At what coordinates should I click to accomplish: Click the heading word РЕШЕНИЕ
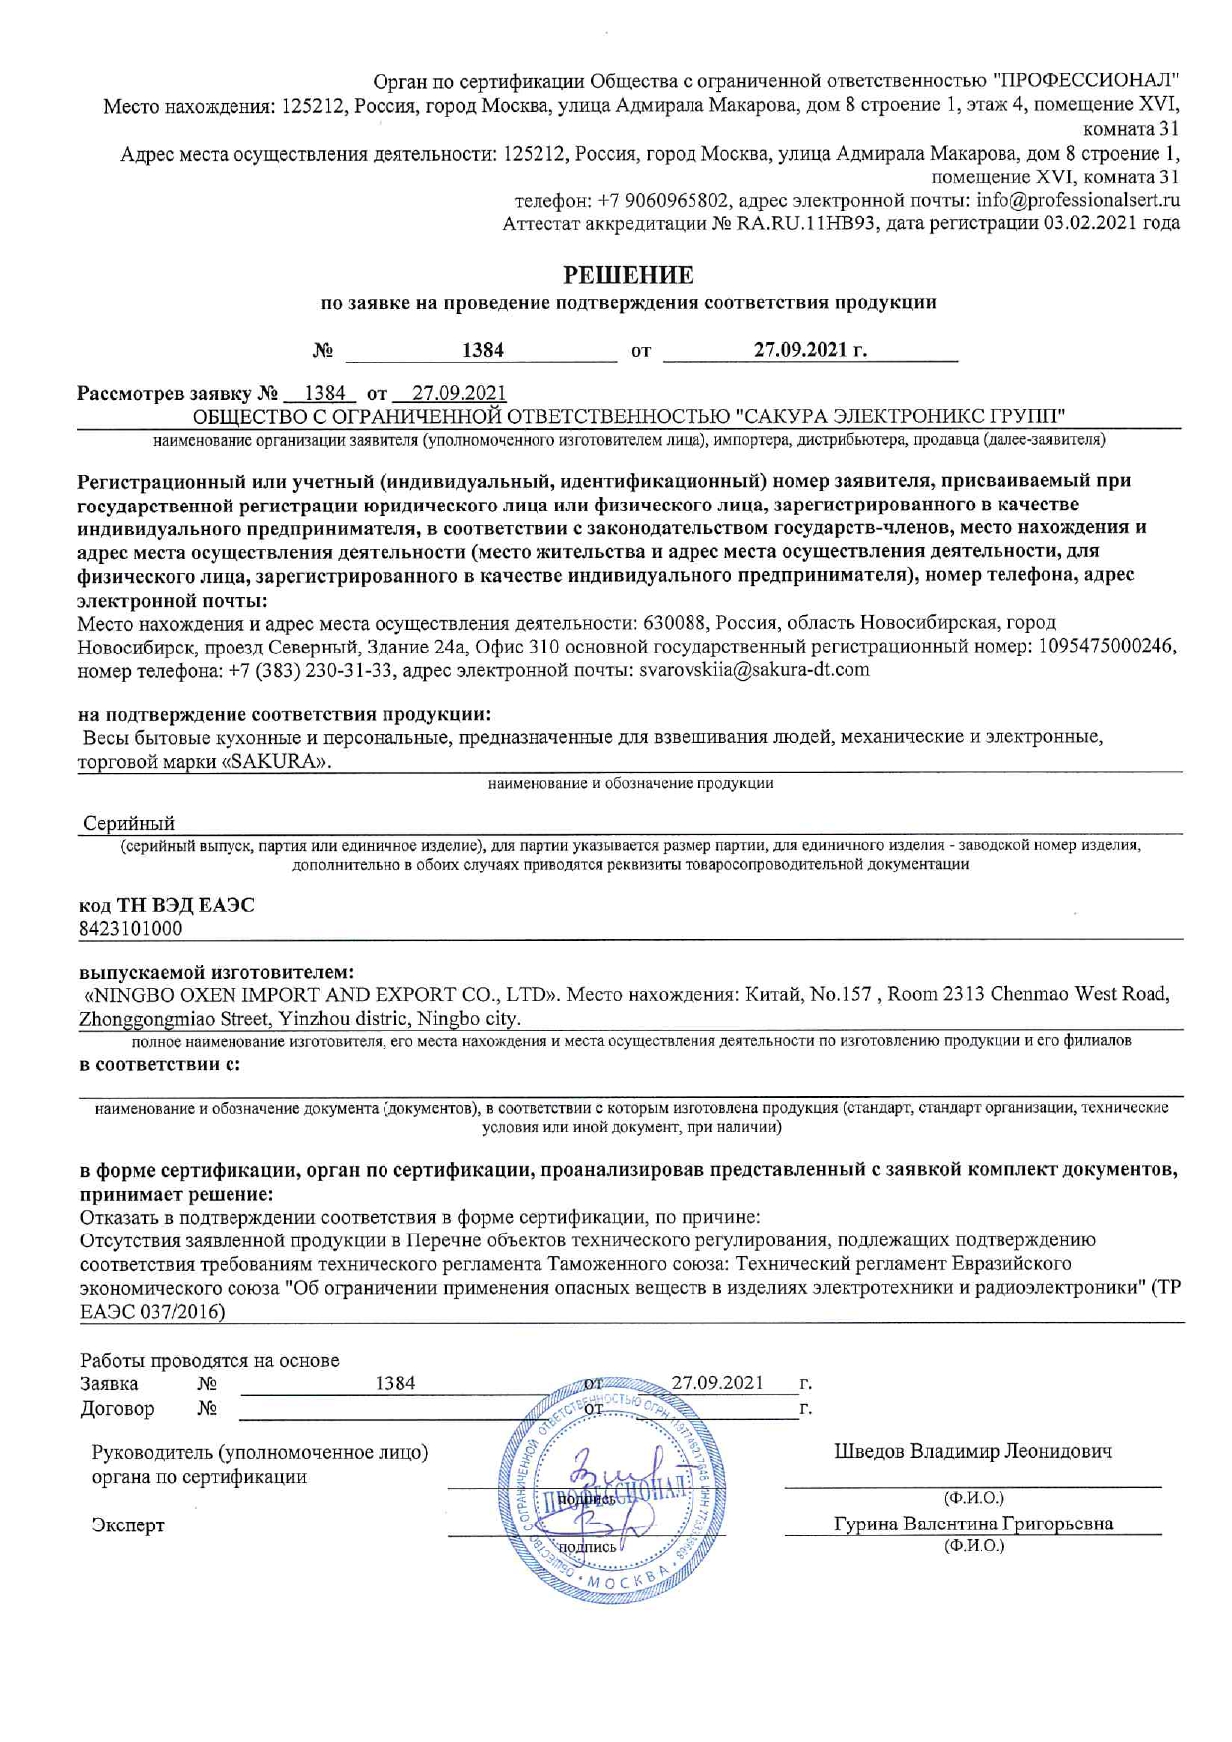tap(628, 275)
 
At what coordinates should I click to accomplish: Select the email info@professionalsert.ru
tap(1078, 200)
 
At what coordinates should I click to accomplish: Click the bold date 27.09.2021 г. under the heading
tap(810, 350)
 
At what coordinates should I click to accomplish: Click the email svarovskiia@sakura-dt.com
tap(754, 670)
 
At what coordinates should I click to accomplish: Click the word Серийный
tap(129, 824)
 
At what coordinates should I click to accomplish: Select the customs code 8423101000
tap(130, 929)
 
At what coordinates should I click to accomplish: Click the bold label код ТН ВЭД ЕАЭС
tap(167, 905)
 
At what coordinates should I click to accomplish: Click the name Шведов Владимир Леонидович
tap(973, 1451)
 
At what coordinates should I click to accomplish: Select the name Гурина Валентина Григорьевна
tap(973, 1524)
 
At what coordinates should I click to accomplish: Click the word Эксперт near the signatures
tap(128, 1525)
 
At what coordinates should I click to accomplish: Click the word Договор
tap(117, 1408)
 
